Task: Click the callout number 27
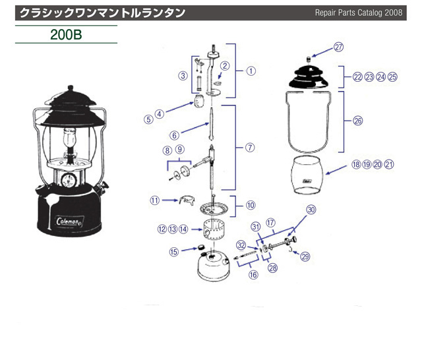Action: tap(338, 47)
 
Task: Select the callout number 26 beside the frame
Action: tap(358, 121)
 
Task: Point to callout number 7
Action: tap(250, 147)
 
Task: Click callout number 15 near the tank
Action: tap(174, 251)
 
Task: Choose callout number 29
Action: tap(305, 257)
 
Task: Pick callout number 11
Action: tap(154, 200)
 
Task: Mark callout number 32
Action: tap(241, 245)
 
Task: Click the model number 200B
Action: tap(66, 34)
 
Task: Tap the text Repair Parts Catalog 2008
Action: tap(359, 13)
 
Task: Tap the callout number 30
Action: tap(311, 210)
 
